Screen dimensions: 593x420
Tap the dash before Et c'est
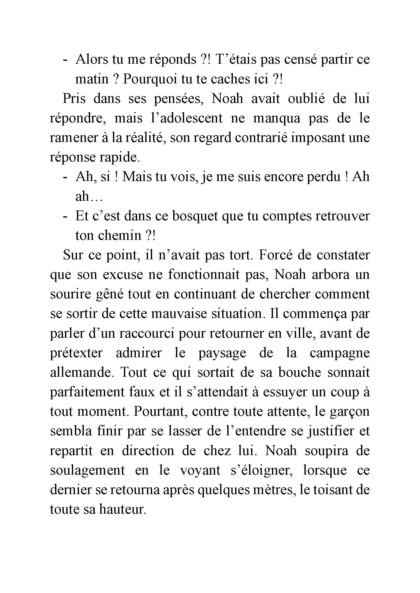click(x=65, y=217)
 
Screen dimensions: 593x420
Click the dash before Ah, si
click(x=65, y=177)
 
